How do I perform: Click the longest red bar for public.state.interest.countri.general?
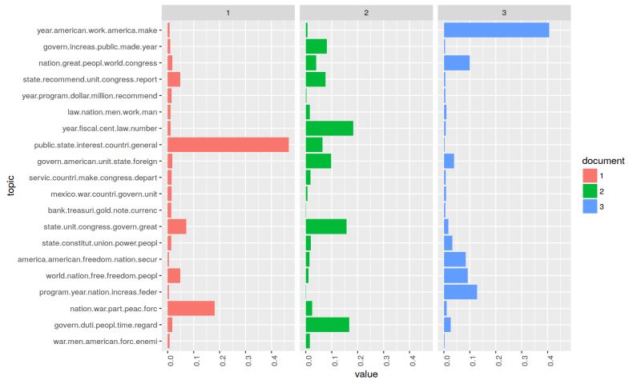(x=228, y=145)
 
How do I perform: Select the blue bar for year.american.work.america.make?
(x=496, y=30)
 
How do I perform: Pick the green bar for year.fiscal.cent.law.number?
(x=329, y=128)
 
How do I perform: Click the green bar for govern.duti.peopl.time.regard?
(x=328, y=324)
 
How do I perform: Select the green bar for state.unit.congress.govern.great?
(x=326, y=226)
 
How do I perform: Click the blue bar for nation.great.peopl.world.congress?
(x=457, y=63)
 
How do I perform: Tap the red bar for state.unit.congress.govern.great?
(x=177, y=226)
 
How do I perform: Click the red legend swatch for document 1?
(x=590, y=176)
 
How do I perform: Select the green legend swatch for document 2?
(x=590, y=191)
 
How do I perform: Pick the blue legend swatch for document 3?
(x=590, y=206)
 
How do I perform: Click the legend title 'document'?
(x=603, y=161)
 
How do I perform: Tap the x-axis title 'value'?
(x=365, y=374)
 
